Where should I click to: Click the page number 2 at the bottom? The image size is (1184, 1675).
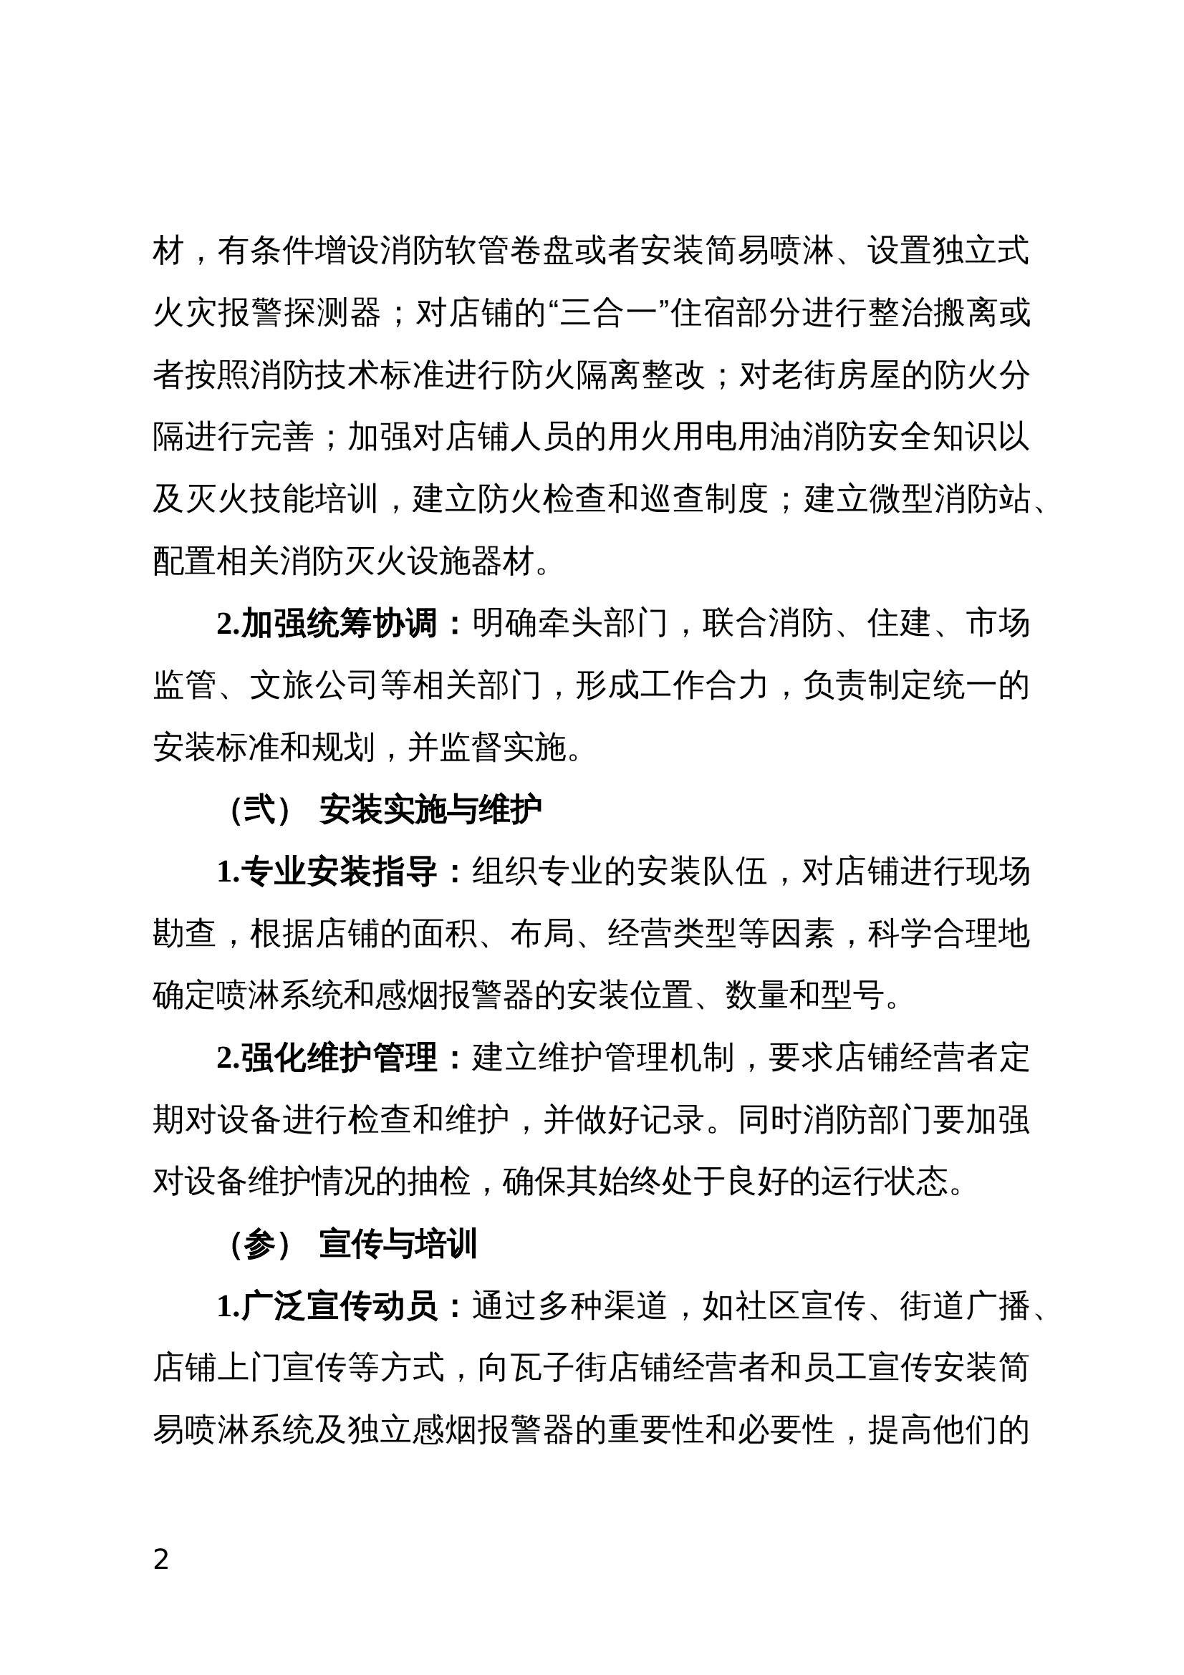[161, 1560]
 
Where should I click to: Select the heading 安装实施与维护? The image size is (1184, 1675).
[430, 811]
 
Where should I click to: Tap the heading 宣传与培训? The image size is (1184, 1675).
[398, 1244]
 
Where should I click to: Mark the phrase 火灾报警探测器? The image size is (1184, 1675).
[267, 314]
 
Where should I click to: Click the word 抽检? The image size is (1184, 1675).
[438, 1182]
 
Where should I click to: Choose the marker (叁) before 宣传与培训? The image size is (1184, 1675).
[261, 1244]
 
